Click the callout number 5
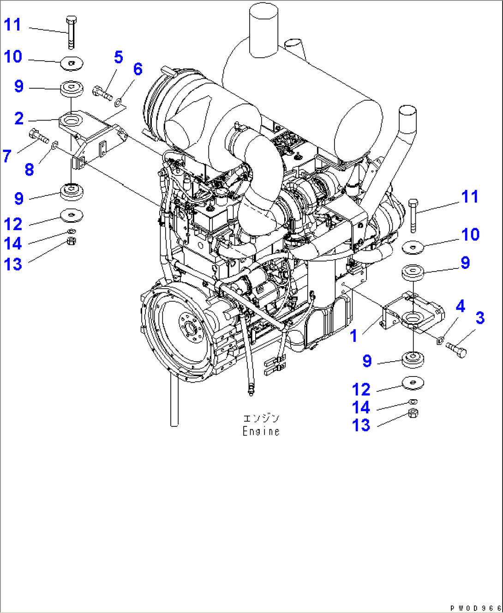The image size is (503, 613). tap(119, 57)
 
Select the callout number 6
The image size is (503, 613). tap(138, 69)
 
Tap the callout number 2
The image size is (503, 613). tap(19, 119)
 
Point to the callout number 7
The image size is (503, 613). tap(7, 156)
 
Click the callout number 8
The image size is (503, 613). tap(29, 170)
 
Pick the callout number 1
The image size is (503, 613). tap(354, 336)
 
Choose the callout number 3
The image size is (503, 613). tap(480, 318)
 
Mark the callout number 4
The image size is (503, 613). tap(460, 306)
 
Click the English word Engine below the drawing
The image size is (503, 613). tap(261, 431)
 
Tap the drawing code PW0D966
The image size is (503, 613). tap(475, 608)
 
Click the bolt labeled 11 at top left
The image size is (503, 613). tap(71, 32)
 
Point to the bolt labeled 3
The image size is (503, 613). tap(456, 349)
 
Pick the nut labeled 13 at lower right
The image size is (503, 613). tap(413, 413)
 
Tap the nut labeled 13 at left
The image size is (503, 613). tap(71, 241)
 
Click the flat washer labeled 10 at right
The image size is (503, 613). tap(413, 248)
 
